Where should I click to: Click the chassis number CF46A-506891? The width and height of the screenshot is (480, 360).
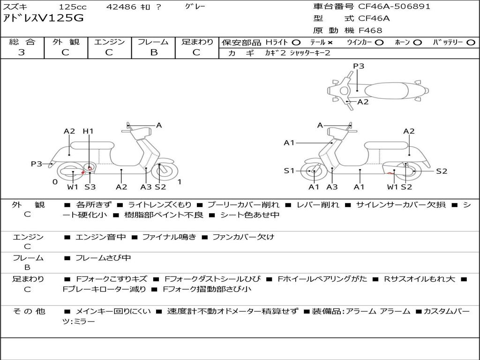point(394,7)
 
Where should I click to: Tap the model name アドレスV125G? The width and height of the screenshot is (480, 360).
point(43,18)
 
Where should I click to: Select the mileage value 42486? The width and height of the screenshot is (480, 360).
point(121,7)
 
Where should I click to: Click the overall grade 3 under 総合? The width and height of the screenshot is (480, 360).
point(22,52)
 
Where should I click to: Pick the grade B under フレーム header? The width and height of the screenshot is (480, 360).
point(154,52)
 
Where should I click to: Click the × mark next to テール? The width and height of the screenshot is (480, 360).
point(330,43)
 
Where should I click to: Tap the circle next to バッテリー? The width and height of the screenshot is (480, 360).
point(471,43)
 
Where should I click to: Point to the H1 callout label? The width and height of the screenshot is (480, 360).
point(88,131)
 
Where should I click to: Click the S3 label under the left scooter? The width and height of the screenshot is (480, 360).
point(90,187)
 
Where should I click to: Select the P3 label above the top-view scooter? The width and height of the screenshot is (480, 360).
point(359,66)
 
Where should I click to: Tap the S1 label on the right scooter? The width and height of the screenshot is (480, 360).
point(289,171)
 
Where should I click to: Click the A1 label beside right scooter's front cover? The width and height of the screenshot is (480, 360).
point(289,142)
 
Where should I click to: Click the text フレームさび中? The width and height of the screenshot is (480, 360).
point(103,258)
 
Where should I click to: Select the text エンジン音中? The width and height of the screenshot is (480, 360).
point(100,237)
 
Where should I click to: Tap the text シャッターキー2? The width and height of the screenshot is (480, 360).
point(310,53)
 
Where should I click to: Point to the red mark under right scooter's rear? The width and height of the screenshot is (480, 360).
point(390,173)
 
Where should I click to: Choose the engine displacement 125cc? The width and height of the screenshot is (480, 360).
point(73,7)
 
